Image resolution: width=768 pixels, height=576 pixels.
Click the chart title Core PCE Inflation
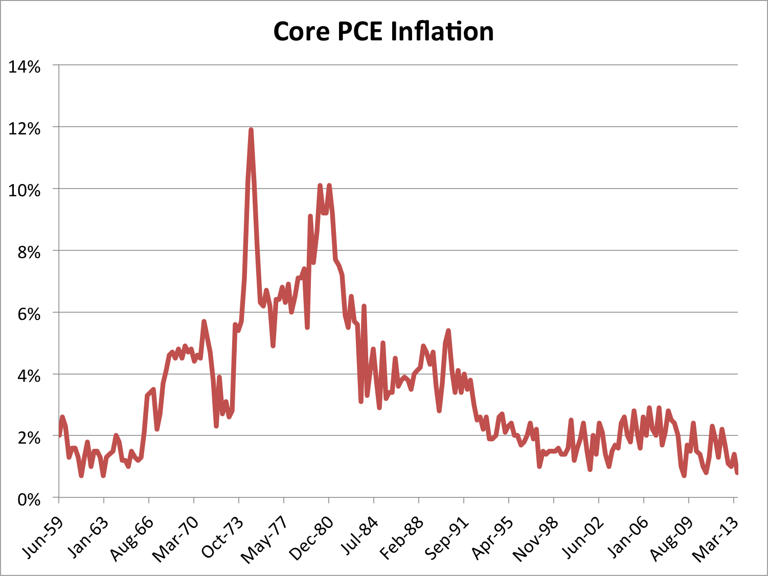(383, 32)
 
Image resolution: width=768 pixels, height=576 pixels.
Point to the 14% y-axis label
(24, 67)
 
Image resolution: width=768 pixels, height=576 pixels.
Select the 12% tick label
(24, 129)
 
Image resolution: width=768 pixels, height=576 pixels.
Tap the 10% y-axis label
(24, 191)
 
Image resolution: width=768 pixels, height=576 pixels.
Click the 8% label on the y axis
(28, 252)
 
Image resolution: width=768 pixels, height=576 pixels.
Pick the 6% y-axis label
(28, 314)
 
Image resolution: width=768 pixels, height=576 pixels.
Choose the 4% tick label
(28, 376)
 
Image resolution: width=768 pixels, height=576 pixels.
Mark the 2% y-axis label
(28, 438)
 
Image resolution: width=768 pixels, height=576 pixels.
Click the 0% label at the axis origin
(28, 500)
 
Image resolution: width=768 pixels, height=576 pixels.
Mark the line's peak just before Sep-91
(448, 331)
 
